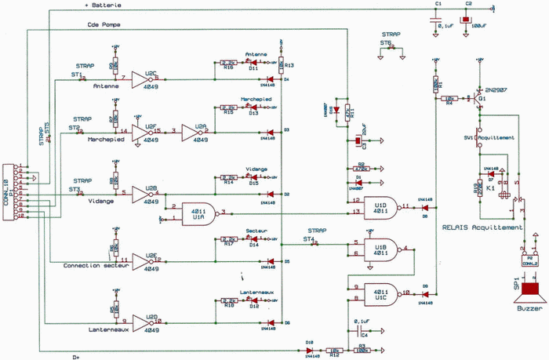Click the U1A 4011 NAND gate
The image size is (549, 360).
[x=199, y=213]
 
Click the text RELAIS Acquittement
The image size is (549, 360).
[x=482, y=227]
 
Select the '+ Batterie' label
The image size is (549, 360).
[x=99, y=5]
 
